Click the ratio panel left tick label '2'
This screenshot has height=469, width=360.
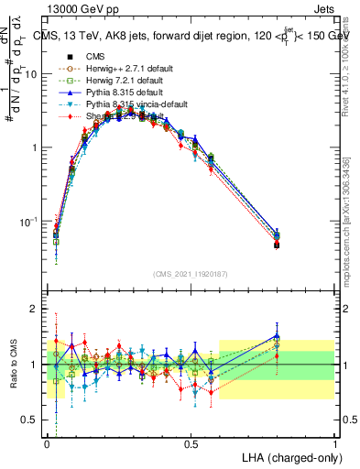(36, 310)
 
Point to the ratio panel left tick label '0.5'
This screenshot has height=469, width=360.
(30, 420)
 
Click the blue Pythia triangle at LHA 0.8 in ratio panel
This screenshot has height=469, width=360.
(278, 336)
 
